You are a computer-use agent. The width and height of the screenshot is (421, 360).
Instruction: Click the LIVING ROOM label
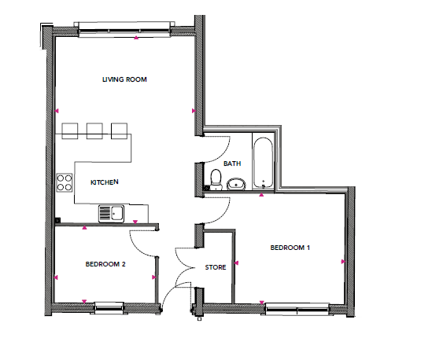(x=124, y=79)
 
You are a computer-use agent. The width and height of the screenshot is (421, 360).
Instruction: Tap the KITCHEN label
(x=104, y=182)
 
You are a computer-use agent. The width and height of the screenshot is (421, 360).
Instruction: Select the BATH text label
(x=232, y=163)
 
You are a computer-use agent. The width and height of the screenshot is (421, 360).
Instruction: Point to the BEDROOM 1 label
(x=290, y=248)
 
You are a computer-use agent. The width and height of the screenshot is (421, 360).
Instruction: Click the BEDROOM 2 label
(x=105, y=264)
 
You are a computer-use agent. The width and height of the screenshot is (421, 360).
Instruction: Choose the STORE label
(x=216, y=267)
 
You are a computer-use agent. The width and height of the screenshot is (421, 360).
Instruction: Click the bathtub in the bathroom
(x=263, y=163)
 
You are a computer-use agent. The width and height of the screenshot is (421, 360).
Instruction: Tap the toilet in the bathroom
(x=216, y=179)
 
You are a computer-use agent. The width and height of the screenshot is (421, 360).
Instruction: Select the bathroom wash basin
(x=236, y=184)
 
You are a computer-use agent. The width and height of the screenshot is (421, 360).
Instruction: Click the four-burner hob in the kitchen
(x=65, y=182)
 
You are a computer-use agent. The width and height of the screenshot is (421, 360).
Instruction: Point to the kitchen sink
(x=111, y=214)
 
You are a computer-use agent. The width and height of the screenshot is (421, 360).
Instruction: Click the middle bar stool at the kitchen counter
(x=94, y=131)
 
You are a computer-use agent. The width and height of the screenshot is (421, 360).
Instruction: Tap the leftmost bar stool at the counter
(x=70, y=131)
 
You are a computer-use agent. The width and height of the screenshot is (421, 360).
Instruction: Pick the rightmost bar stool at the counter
(x=119, y=131)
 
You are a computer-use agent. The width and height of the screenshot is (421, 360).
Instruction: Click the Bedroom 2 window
(x=109, y=308)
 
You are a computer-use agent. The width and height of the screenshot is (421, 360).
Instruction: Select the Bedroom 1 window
(x=297, y=309)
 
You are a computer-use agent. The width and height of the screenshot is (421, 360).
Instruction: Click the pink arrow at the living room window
(x=136, y=38)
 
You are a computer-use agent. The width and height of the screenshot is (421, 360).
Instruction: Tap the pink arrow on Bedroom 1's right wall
(x=343, y=262)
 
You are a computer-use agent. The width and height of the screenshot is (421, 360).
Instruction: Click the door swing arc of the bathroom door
(x=223, y=155)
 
